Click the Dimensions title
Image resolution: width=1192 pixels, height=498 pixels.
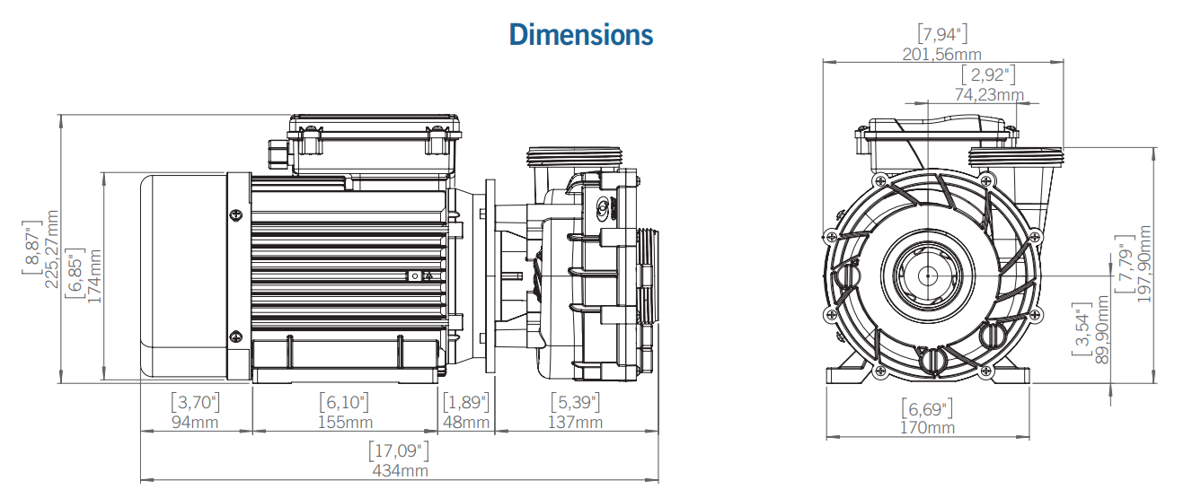click(x=580, y=34)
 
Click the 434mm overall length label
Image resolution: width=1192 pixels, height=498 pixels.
click(x=400, y=470)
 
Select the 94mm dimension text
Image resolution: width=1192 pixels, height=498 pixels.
click(x=195, y=423)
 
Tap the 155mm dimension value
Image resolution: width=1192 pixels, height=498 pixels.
click(x=345, y=423)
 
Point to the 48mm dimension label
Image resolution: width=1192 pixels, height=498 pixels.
click(x=466, y=423)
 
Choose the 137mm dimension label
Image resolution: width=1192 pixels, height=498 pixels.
click(x=575, y=423)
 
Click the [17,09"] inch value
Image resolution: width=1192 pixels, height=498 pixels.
click(x=400, y=450)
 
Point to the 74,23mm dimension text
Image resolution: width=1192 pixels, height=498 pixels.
click(x=988, y=94)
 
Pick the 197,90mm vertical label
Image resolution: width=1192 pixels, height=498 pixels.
click(x=1143, y=264)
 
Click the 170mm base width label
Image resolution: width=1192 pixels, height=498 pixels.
click(x=927, y=428)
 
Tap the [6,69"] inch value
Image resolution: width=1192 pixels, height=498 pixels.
click(x=927, y=409)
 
